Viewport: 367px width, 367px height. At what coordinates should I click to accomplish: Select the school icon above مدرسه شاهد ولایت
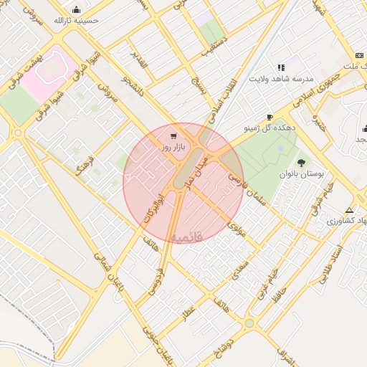click(x=281, y=67)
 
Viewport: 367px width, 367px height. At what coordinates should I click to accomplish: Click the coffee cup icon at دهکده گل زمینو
click(x=270, y=117)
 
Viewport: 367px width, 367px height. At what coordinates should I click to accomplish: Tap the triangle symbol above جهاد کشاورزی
click(x=349, y=210)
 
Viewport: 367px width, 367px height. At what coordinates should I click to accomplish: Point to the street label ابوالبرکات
click(x=152, y=206)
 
